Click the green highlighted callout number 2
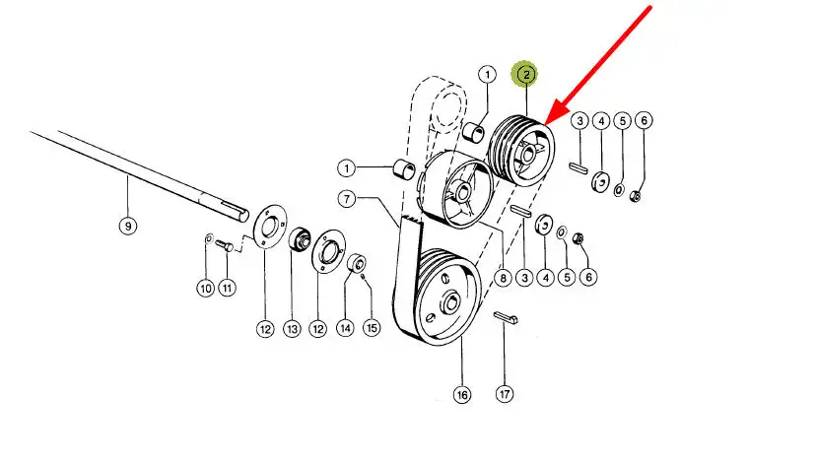[525, 75]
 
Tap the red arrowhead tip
[546, 125]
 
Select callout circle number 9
[128, 226]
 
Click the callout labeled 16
[462, 395]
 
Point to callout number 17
[505, 394]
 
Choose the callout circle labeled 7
[347, 198]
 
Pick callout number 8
[503, 278]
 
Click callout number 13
[292, 329]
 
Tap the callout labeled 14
[345, 328]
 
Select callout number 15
[372, 328]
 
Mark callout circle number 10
[206, 288]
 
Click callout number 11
[228, 288]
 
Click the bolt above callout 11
[225, 245]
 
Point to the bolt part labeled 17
[506, 318]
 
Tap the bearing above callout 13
[301, 238]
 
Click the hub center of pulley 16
[450, 302]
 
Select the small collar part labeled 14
[357, 263]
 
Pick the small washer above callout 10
[208, 238]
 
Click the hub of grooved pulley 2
[527, 154]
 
